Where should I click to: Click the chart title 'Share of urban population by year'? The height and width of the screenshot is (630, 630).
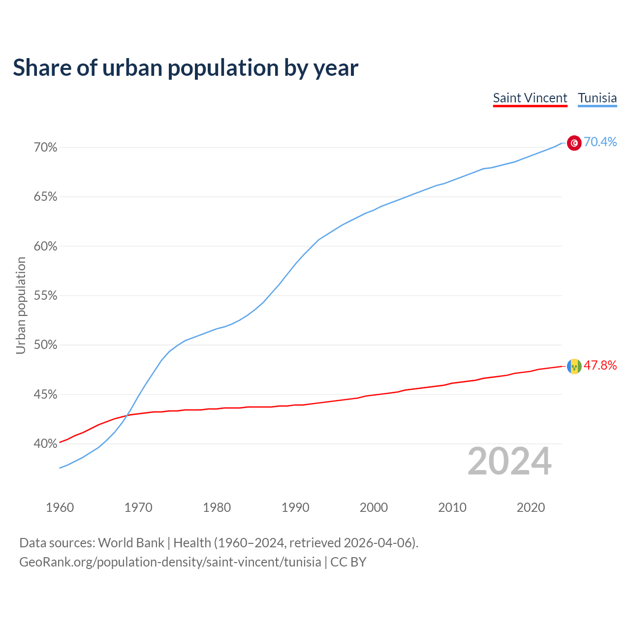pos(186,68)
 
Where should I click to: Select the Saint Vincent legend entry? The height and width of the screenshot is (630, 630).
pos(530,98)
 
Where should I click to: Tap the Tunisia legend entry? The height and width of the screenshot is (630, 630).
pos(597,98)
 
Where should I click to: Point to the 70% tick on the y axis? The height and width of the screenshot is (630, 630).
pos(45,148)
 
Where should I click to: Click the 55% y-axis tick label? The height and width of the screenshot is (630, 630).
pos(45,296)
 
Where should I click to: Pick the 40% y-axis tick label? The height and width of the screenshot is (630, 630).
pos(45,444)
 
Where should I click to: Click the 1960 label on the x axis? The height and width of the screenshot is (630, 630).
pos(60,507)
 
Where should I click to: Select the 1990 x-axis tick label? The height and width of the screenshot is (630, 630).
pos(295,507)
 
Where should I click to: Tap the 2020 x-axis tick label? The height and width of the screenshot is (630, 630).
pos(531,507)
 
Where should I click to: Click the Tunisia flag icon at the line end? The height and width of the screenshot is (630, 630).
pos(574,143)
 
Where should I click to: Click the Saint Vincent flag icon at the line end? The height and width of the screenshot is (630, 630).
pos(574,366)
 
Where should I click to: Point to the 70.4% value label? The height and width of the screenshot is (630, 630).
pos(600,142)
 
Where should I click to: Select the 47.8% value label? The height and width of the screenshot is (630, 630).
pos(600,365)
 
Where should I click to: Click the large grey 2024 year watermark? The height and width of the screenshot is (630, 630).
pos(509,461)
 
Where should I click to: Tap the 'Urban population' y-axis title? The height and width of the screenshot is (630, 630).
pos(21,305)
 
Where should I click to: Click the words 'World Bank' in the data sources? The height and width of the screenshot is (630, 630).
pos(131,543)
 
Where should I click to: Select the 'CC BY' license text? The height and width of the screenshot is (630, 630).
pos(348,562)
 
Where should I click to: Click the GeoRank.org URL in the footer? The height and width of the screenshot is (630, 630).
pos(170,562)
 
